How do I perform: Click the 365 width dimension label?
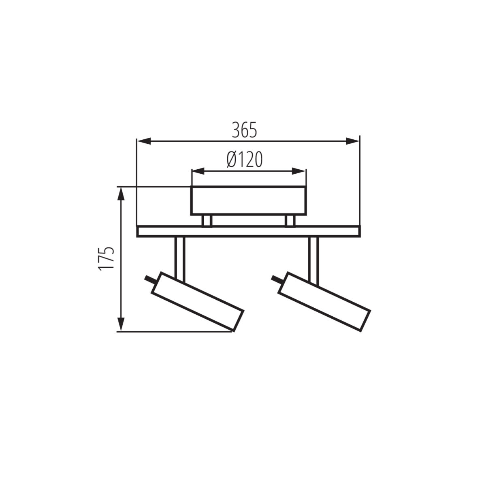tap(245, 130)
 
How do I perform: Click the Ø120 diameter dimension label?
tap(245, 160)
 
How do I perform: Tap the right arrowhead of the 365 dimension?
tap(353, 141)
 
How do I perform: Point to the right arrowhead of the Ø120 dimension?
tap(300, 172)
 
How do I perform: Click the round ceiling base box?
tap(248, 200)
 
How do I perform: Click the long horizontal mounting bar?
tap(248, 231)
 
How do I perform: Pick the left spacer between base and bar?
tap(207, 221)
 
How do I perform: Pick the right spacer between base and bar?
tap(290, 221)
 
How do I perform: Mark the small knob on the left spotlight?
tap(149, 279)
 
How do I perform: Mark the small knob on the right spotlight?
tap(277, 279)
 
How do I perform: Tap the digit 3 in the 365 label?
tap(236, 130)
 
